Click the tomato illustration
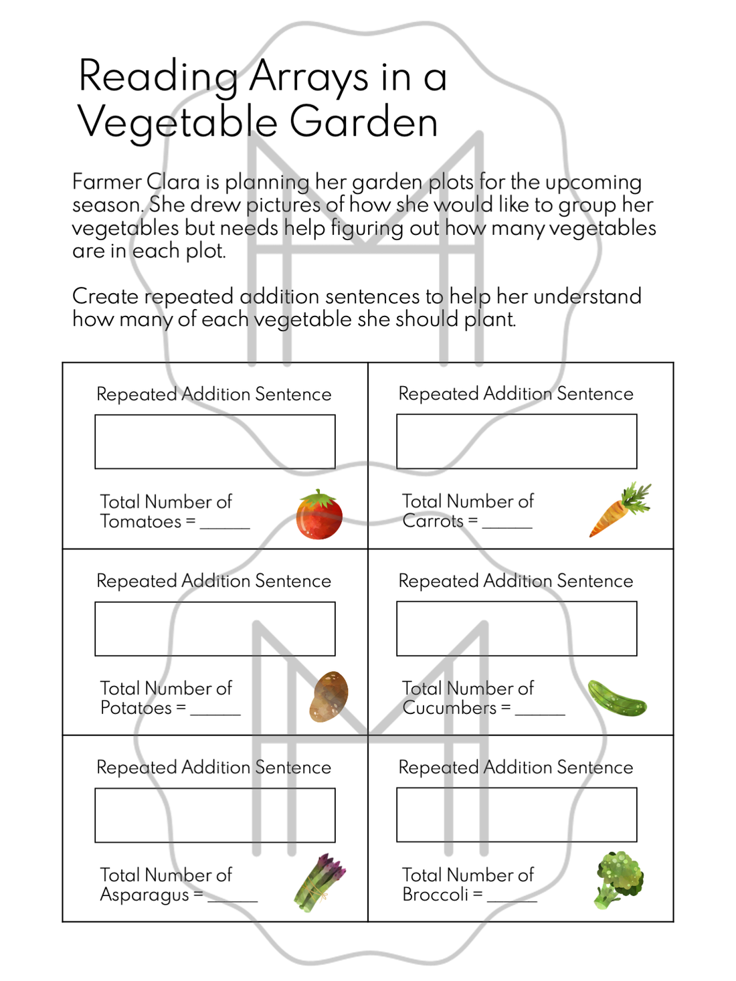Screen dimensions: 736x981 tap(319, 515)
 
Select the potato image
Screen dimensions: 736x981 tap(329, 697)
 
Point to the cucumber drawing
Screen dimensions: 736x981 tap(616, 698)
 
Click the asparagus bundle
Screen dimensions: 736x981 tap(319, 883)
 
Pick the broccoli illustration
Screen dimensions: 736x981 tap(618, 879)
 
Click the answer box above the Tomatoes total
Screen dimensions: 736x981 tap(215, 442)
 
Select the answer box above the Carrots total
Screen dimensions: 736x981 tap(517, 442)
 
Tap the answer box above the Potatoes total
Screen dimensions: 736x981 tap(215, 628)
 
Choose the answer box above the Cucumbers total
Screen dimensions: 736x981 tap(517, 628)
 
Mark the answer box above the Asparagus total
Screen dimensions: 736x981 tap(215, 815)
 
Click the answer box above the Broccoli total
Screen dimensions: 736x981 tap(517, 814)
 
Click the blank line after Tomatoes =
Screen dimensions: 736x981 tap(225, 526)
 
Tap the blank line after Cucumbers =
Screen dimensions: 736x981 tap(540, 713)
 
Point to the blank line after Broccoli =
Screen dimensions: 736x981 tap(512, 899)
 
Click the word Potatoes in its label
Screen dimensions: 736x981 tap(136, 708)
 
